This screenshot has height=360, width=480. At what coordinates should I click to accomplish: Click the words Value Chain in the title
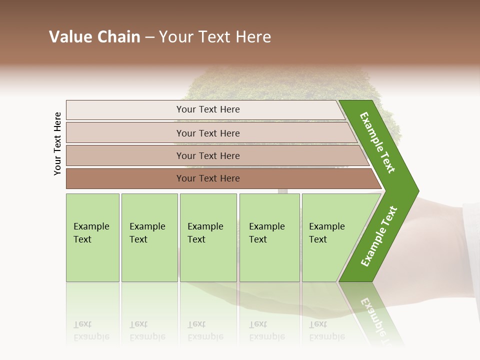pos(94,37)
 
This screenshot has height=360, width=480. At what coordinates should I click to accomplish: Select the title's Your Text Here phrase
pos(214,37)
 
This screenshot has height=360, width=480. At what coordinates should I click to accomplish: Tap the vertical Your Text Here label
pos(57,143)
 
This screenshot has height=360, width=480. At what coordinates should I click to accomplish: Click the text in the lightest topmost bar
pos(208,109)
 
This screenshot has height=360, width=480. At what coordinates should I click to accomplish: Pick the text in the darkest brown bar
pos(208,178)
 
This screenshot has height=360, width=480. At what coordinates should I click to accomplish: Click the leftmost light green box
pos(92,237)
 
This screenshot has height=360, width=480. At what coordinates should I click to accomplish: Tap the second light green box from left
pos(149,237)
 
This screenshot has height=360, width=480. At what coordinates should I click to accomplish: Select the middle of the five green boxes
pos(208,237)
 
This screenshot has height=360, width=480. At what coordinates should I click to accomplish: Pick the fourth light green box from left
pos(269,237)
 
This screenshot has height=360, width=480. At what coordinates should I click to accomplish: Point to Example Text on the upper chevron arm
pos(378,142)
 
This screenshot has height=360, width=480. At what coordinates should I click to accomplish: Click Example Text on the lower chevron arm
pos(379,236)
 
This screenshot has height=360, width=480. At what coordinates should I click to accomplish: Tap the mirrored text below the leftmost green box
pos(91,330)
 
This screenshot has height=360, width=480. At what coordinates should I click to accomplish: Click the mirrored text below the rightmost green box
pos(327,330)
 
